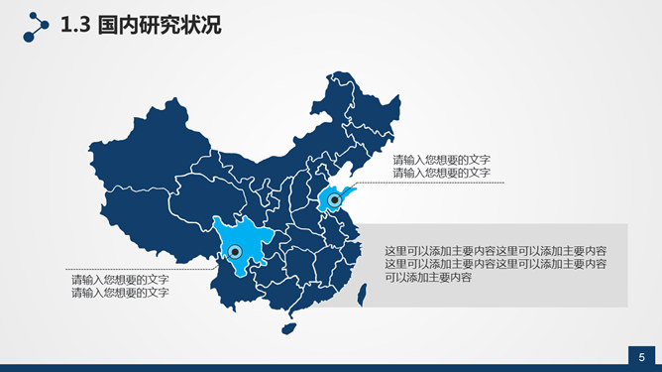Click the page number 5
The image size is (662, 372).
pos(641,356)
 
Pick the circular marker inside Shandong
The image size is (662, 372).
pos(335,200)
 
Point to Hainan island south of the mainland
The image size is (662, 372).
pos(289,324)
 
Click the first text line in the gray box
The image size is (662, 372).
pos(495,250)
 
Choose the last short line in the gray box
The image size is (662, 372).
pos(427,278)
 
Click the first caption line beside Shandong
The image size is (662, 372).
pos(441,159)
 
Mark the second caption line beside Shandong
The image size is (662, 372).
pos(441,173)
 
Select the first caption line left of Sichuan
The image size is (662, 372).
pos(120,279)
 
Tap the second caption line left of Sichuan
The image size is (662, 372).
pos(120,293)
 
